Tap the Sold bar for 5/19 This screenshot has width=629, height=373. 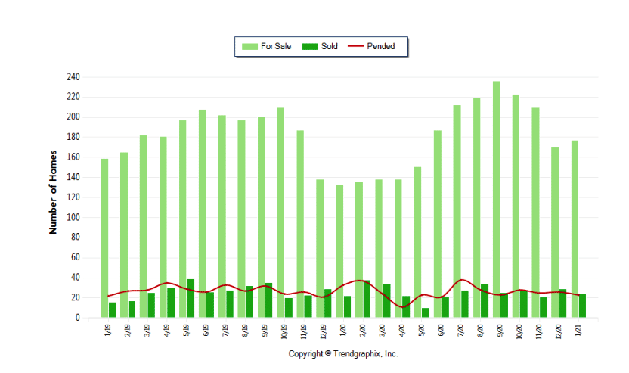(191, 299)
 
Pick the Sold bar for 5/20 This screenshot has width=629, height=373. (426, 313)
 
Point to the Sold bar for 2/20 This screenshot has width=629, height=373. (367, 300)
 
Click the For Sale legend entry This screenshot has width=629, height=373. (266, 46)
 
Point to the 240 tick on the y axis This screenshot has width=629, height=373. (73, 77)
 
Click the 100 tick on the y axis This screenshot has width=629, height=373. (73, 217)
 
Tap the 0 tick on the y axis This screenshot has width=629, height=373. (77, 318)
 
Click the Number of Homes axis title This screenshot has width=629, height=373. (54, 197)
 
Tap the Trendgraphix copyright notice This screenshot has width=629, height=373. (343, 354)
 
